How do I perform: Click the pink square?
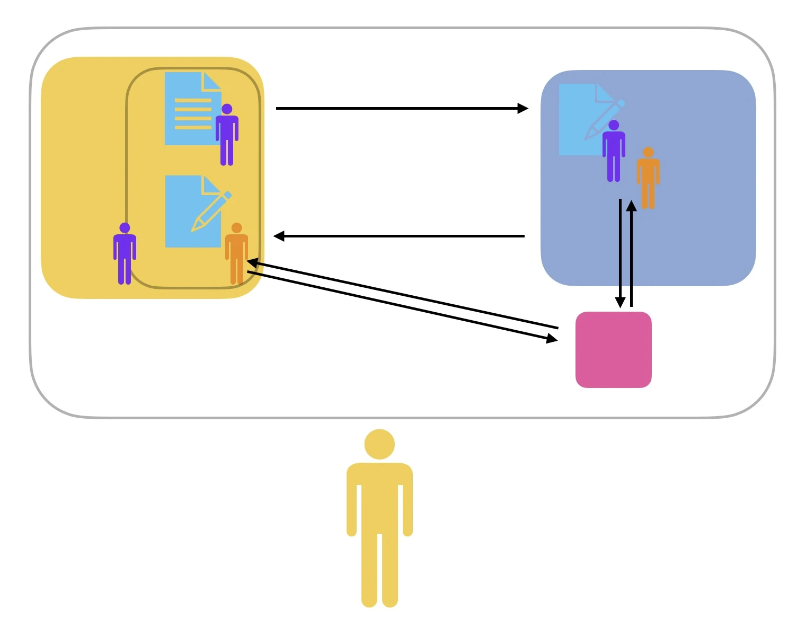pos(613,349)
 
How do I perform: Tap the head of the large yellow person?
pos(379,444)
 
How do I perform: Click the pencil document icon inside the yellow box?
pos(193,212)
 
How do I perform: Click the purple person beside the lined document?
pos(227,135)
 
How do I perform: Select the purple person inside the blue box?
pos(614,151)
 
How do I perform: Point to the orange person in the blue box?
pos(648,178)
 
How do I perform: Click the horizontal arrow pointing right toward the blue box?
pos(397,109)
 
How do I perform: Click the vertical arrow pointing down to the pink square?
pos(620,249)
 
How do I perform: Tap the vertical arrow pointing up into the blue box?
pos(631,254)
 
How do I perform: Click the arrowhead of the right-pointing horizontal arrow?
pos(523,109)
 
